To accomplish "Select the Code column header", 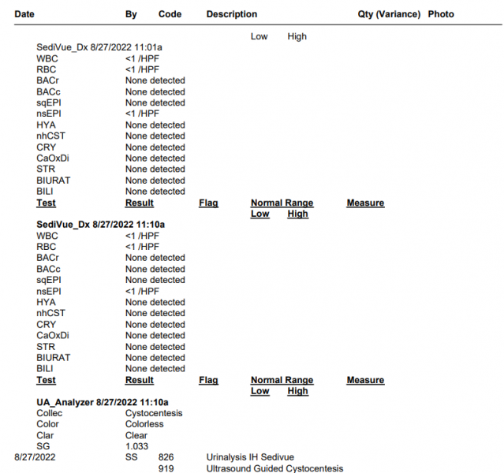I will coord(170,14).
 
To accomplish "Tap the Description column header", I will coord(231,14).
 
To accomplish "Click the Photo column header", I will coord(441,14).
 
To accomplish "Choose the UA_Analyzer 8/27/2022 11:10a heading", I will coord(103,402).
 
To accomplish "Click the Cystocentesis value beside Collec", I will coord(154,413).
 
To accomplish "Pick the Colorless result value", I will coord(144,424).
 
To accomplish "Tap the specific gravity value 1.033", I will coord(137,446).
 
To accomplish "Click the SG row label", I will coord(43,446).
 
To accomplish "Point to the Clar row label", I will coord(45,435).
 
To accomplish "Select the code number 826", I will coord(166,457).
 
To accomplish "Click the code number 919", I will coord(166,468).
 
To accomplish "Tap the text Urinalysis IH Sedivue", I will coord(252,457).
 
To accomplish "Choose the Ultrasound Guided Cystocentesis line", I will coord(274,468).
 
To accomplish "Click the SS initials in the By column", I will coord(131,457).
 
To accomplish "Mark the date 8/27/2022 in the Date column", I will coord(35,457).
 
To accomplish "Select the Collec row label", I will coord(49,413).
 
